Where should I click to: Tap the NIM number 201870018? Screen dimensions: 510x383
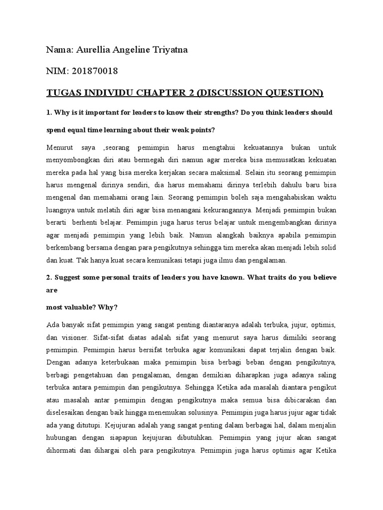[95, 71]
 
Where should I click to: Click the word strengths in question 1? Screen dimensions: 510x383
[201, 113]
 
